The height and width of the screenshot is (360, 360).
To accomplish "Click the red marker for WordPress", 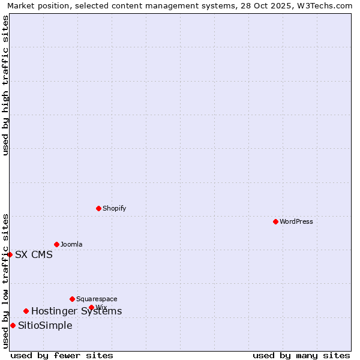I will click(x=275, y=221).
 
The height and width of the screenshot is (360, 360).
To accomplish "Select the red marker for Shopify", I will click(x=98, y=208).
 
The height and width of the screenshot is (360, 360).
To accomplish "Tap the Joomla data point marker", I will click(x=56, y=244).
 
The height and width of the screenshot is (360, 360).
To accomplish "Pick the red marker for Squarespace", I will click(x=72, y=299).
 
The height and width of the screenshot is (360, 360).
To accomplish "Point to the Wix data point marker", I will click(x=91, y=307).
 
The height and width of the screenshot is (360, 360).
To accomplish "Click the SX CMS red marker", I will click(x=10, y=254).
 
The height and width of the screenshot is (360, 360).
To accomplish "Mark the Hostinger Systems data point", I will click(x=26, y=311).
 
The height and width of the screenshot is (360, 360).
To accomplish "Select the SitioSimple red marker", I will click(x=13, y=325).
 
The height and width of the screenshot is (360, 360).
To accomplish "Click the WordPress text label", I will click(x=296, y=221).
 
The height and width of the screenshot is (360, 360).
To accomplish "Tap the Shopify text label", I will click(x=114, y=208).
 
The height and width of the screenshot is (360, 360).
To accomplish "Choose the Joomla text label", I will click(x=71, y=244).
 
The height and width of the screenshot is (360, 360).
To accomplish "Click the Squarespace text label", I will click(x=97, y=299).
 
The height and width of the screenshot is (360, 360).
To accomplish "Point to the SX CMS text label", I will click(x=34, y=254).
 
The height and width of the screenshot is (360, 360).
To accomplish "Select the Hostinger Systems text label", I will click(x=76, y=311).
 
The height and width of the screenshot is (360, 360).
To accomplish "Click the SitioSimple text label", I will click(x=45, y=325).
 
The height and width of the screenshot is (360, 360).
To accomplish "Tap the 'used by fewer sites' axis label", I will click(x=62, y=355).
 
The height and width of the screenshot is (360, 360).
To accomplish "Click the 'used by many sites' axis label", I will click(x=301, y=355).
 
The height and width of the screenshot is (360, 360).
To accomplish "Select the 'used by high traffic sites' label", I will click(x=5, y=85).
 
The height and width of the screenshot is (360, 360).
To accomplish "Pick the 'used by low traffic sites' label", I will click(x=5, y=281).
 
